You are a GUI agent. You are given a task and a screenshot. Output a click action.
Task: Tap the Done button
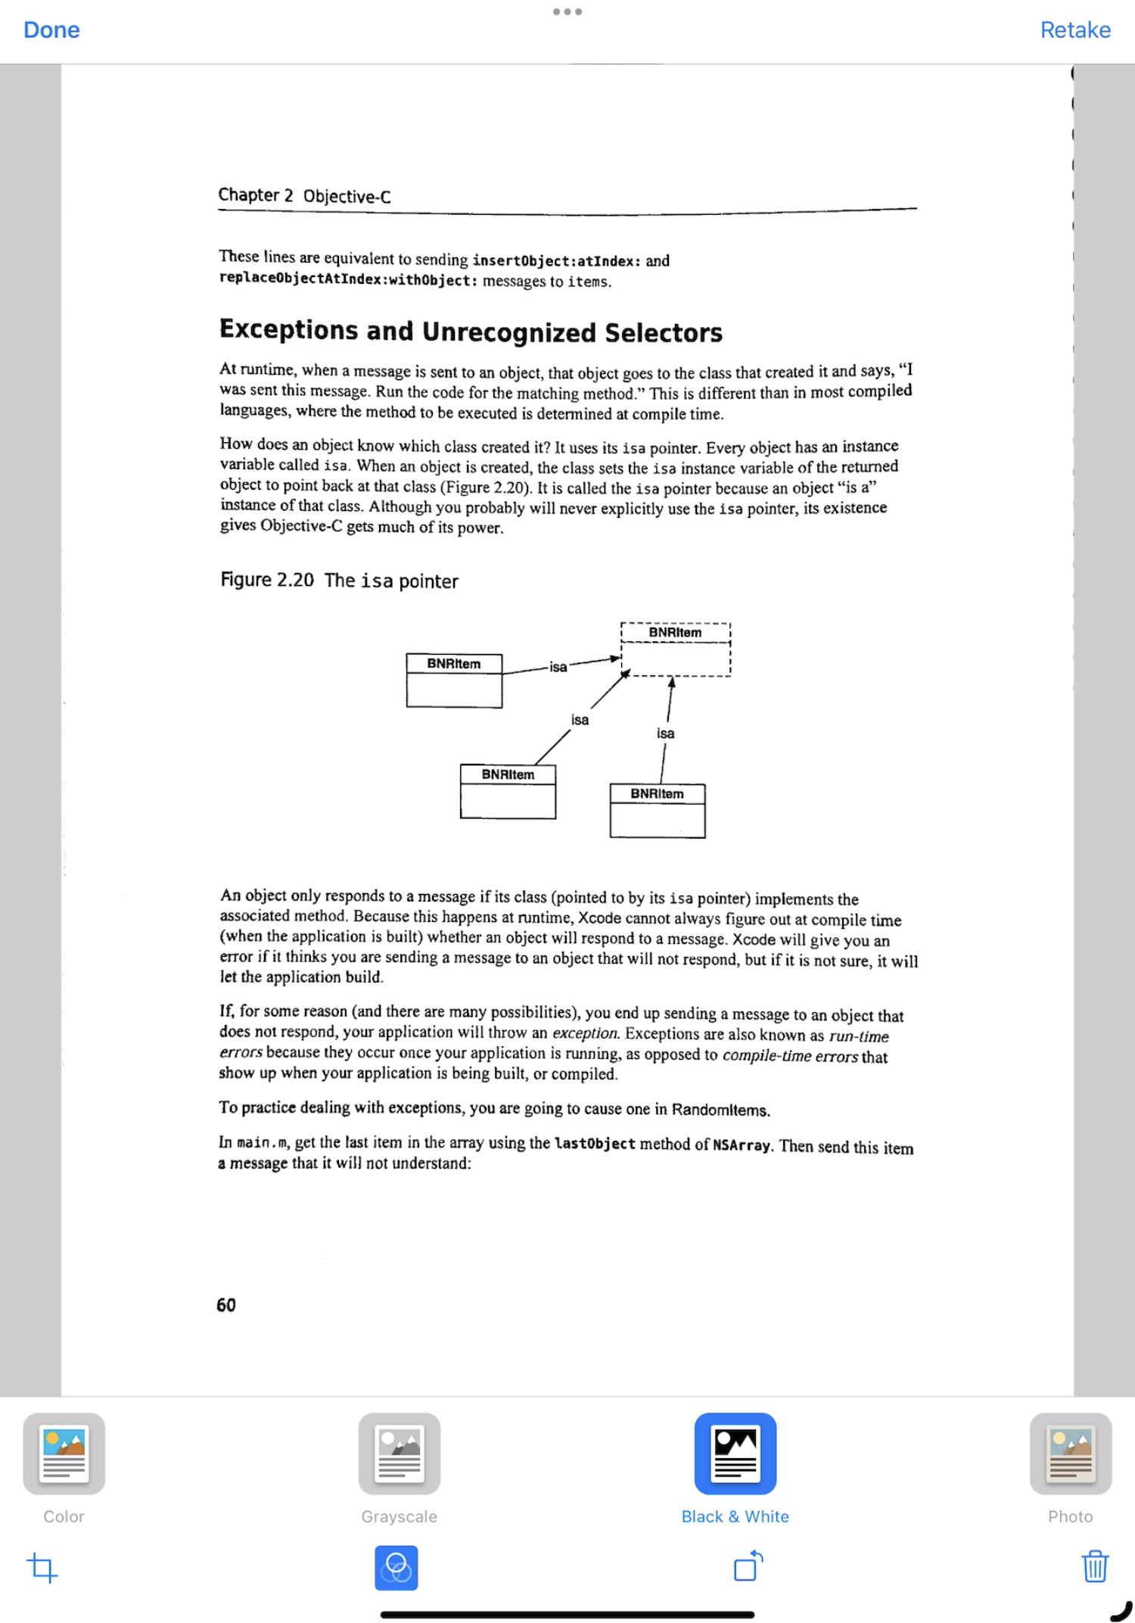[x=51, y=30]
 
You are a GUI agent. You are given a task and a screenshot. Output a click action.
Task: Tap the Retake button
[x=1074, y=30]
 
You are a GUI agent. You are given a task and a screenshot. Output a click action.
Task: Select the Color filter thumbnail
[x=64, y=1453]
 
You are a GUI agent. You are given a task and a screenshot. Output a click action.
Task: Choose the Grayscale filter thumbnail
[x=400, y=1453]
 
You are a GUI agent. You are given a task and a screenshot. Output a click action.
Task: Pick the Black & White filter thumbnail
[x=735, y=1453]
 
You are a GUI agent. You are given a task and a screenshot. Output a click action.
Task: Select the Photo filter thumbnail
[x=1070, y=1453]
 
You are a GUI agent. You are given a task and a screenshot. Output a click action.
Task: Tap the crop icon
[x=42, y=1567]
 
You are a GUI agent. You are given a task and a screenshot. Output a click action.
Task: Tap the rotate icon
[x=748, y=1565]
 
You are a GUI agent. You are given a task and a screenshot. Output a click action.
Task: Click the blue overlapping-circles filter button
[x=396, y=1567]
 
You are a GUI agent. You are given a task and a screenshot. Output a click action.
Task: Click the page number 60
[x=226, y=1305]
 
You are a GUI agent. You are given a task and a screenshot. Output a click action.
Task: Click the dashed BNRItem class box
[x=675, y=650]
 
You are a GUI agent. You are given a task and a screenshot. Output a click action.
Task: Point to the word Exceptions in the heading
[x=288, y=330]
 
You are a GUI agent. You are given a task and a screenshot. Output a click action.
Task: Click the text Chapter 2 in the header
[x=256, y=195]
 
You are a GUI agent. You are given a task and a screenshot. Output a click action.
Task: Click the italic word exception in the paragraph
[x=585, y=1033]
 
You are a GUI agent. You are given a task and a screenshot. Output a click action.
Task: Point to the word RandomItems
[x=720, y=1110]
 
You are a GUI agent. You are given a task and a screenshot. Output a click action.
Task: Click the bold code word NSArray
[x=741, y=1145]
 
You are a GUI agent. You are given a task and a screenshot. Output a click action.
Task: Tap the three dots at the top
[x=567, y=11]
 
